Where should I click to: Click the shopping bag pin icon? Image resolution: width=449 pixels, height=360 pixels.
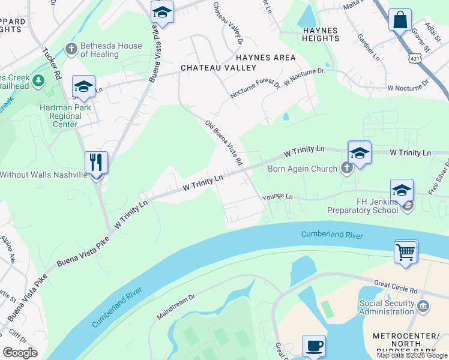tap(400, 20)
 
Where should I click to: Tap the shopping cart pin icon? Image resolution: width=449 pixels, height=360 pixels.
tap(406, 251)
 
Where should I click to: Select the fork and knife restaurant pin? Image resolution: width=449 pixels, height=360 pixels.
tap(96, 163)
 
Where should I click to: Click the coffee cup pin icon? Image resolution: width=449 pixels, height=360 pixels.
tap(314, 346)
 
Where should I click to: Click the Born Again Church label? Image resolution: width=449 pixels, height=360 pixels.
tap(302, 169)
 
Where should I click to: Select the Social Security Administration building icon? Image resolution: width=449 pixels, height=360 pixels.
tap(424, 307)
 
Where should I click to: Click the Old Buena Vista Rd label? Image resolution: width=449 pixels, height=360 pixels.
tap(223, 143)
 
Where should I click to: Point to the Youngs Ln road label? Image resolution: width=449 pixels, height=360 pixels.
tap(277, 197)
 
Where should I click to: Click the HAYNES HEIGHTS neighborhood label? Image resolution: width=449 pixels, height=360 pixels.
tap(321, 34)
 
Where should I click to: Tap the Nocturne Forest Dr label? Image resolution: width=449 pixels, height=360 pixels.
tap(256, 89)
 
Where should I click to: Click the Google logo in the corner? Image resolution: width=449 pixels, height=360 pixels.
tap(20, 353)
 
